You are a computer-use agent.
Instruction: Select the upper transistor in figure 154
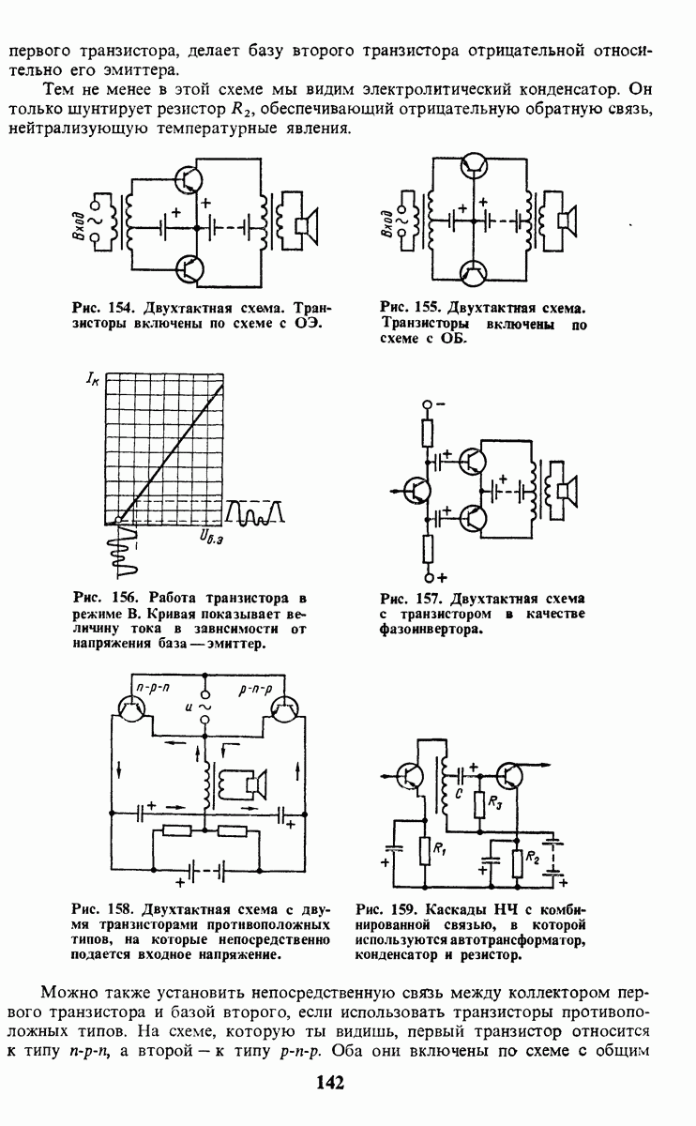pyautogui.click(x=189, y=179)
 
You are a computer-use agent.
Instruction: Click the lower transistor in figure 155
pyautogui.click(x=474, y=273)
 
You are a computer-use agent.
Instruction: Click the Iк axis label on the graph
pyautogui.click(x=93, y=377)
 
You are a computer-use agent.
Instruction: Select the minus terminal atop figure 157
pyautogui.click(x=427, y=404)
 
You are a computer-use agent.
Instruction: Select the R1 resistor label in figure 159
pyautogui.click(x=440, y=849)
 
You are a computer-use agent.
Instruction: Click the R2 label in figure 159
pyautogui.click(x=533, y=857)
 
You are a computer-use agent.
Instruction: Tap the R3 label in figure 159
pyautogui.click(x=495, y=803)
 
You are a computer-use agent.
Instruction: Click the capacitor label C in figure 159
pyautogui.click(x=459, y=792)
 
